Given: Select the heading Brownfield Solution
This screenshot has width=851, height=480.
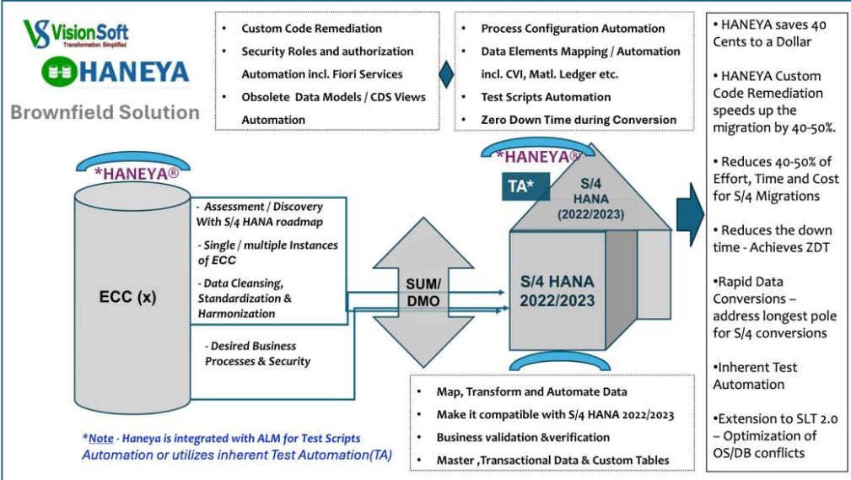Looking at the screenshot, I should pos(105,112).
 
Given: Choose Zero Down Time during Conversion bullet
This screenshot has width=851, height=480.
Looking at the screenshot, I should pos(579,120).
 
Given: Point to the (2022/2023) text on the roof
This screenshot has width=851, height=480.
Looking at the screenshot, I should pos(590,214).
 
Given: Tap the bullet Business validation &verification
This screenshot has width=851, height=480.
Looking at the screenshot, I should pos(522,437).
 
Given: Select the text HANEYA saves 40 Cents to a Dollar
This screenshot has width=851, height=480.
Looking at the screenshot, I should pos(773,34).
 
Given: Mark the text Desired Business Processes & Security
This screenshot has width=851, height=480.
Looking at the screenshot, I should pos(257,353).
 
